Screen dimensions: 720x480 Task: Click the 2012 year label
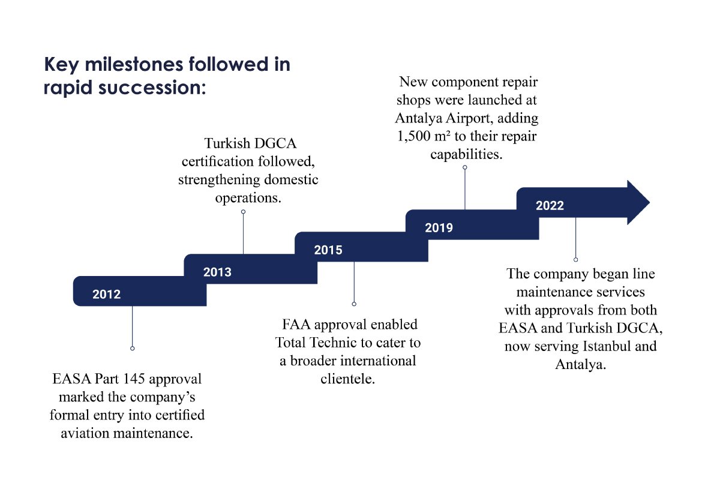coord(106,294)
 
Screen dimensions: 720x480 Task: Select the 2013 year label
coord(217,272)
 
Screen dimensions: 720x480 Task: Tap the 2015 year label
coord(328,250)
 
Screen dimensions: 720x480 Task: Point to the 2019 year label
coord(439,227)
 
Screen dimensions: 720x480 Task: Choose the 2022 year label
coord(550,205)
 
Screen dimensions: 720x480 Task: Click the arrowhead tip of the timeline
coord(649,203)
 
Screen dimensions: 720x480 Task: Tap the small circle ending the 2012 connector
coord(133,348)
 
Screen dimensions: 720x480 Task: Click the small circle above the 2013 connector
coord(244,212)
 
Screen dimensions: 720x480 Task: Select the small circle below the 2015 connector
coord(354,304)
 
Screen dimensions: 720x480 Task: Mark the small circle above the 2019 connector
coord(465,167)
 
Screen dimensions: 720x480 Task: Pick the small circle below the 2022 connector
coord(575,259)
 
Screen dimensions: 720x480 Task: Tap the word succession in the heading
coord(149,88)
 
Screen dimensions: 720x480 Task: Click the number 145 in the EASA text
coord(134,379)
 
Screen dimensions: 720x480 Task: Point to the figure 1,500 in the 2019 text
coord(413,136)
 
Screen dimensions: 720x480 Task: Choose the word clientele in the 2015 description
coord(348,379)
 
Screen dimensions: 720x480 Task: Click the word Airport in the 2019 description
coord(469,118)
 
